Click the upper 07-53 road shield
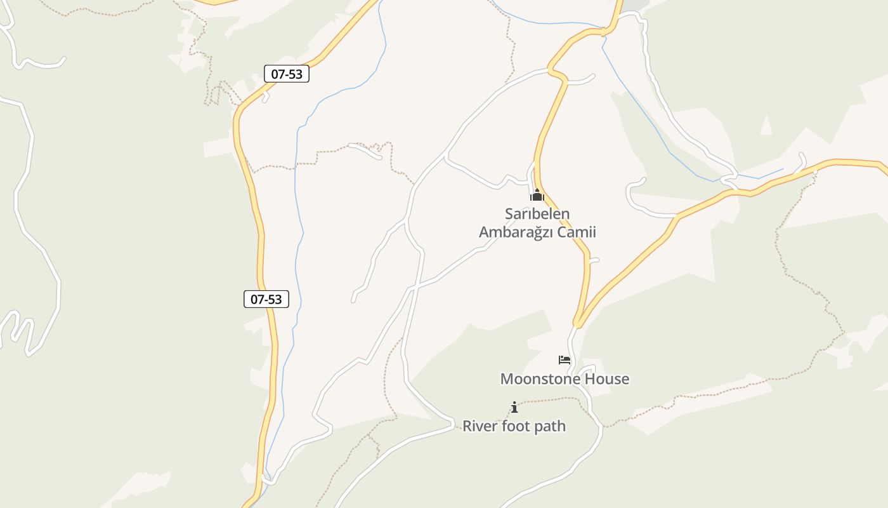click(x=287, y=74)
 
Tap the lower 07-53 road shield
click(x=266, y=299)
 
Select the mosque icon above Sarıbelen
click(x=537, y=195)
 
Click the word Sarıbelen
click(x=537, y=214)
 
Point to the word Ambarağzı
click(x=516, y=232)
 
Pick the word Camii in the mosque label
click(x=577, y=232)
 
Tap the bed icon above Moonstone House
click(x=565, y=360)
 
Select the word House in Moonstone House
click(x=607, y=379)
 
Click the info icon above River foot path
click(x=514, y=407)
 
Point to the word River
click(x=480, y=426)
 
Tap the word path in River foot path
click(x=549, y=426)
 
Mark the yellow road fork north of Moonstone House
click(x=578, y=324)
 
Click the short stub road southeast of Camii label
click(x=594, y=260)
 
